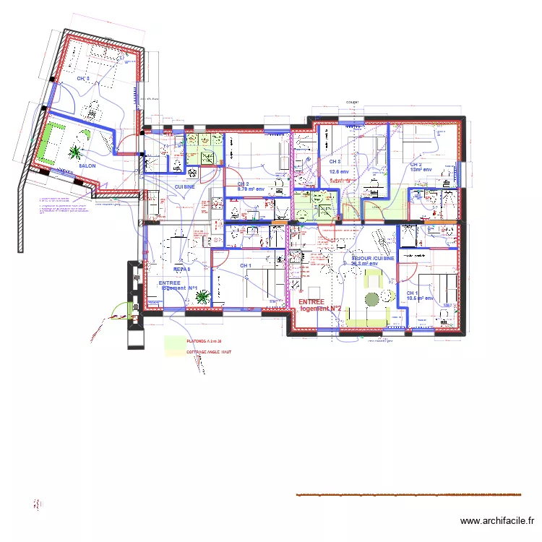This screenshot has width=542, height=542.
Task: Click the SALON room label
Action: click(x=87, y=165)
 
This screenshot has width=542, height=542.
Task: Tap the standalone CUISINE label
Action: click(x=185, y=186)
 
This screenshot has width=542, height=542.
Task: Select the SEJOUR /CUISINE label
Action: click(x=372, y=258)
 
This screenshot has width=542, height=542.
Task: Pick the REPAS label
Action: click(x=181, y=269)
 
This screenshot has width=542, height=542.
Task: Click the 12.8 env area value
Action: click(x=339, y=172)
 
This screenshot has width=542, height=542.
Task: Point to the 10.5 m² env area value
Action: click(x=419, y=298)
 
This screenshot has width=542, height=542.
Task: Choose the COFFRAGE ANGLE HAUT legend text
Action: click(x=208, y=353)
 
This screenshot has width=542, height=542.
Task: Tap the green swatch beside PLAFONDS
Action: click(x=174, y=340)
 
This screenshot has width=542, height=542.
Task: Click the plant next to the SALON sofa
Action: click(x=74, y=152)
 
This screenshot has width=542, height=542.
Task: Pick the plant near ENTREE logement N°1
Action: click(x=202, y=296)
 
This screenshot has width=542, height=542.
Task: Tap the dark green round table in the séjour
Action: click(x=372, y=299)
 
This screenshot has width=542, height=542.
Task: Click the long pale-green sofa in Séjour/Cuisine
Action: click(x=369, y=317)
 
